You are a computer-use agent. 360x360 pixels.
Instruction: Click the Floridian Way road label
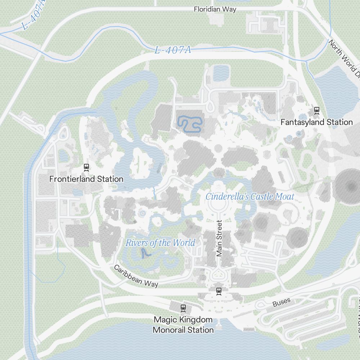[215, 9]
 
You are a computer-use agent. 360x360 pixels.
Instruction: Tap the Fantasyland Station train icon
[317, 111]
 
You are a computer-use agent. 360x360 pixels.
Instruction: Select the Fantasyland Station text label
[316, 122]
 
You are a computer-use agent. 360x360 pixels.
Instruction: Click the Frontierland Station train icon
[86, 167]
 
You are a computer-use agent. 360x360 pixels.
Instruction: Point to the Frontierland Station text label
[86, 179]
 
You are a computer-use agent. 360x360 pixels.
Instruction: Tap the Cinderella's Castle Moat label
[250, 197]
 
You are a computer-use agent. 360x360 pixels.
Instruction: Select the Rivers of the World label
[160, 243]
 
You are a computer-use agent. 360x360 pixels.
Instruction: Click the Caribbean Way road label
[136, 276]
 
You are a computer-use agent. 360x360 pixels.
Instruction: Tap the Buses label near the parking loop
[281, 303]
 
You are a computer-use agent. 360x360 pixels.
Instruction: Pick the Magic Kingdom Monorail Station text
[183, 325]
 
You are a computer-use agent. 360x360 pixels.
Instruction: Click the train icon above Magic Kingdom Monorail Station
[183, 308]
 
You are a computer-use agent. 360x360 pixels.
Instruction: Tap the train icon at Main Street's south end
[219, 291]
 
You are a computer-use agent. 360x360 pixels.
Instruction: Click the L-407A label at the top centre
[172, 50]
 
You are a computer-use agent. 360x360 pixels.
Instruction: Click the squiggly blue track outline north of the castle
[189, 124]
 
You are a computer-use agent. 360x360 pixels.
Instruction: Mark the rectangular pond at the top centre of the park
[221, 73]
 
